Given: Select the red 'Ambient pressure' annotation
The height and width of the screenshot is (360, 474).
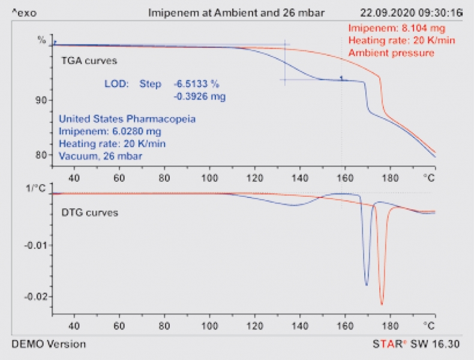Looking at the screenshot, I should pyautogui.click(x=391, y=53).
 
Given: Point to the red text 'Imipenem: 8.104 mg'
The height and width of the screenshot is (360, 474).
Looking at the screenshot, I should pyautogui.click(x=397, y=28).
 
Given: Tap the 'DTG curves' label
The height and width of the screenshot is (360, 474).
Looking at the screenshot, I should pyautogui.click(x=90, y=212).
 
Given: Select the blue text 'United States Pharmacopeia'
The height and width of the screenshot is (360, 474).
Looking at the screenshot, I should pyautogui.click(x=127, y=119).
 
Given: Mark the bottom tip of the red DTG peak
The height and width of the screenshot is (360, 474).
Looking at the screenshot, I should pyautogui.click(x=382, y=304).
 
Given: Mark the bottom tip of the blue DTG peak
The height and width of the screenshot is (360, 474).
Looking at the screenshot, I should pyautogui.click(x=367, y=286).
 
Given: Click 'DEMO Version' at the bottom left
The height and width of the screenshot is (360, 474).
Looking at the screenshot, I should pyautogui.click(x=49, y=344).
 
